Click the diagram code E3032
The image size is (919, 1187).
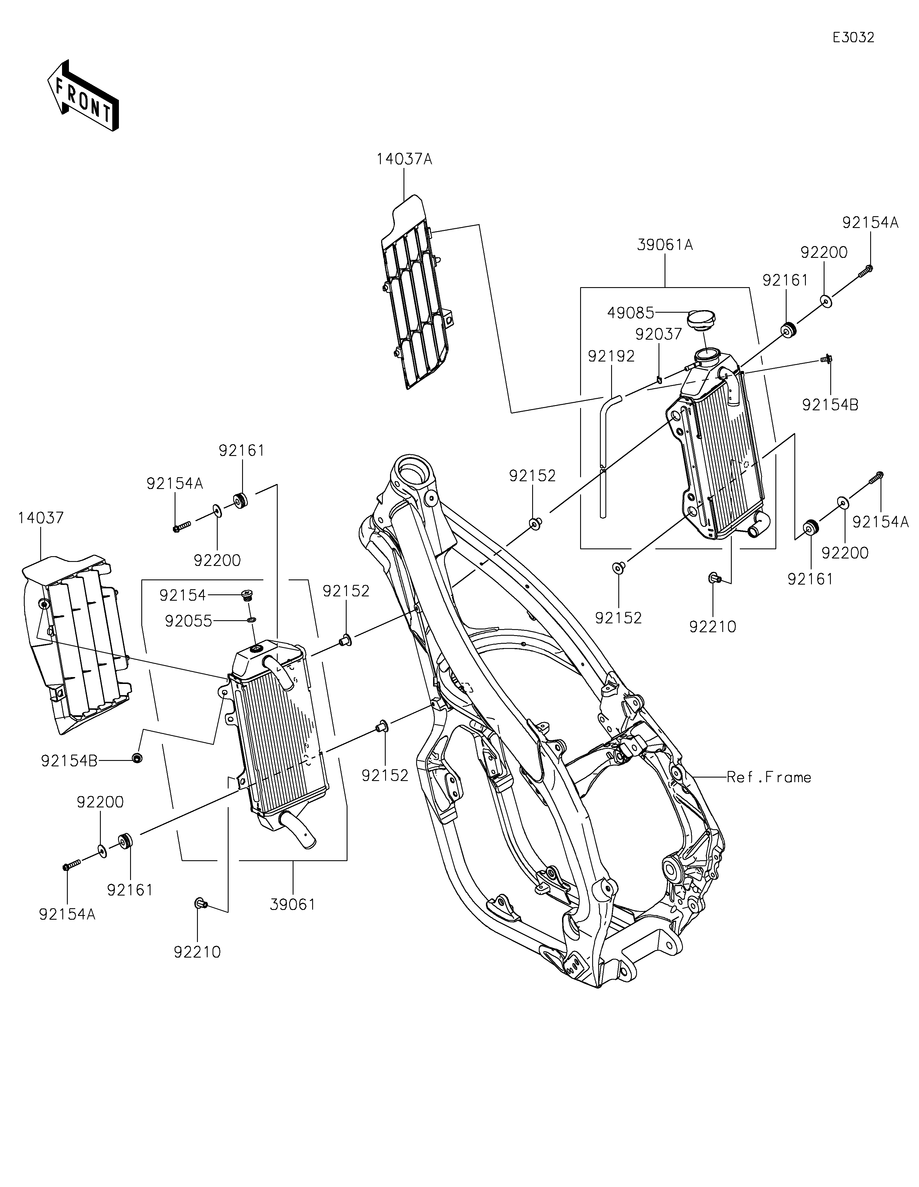[x=853, y=38]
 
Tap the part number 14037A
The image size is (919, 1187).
[x=404, y=159]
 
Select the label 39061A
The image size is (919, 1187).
[x=665, y=245]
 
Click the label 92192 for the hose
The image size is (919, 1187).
[x=611, y=356]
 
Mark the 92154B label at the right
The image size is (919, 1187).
[x=831, y=405]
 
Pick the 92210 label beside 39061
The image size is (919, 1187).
[x=197, y=952]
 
